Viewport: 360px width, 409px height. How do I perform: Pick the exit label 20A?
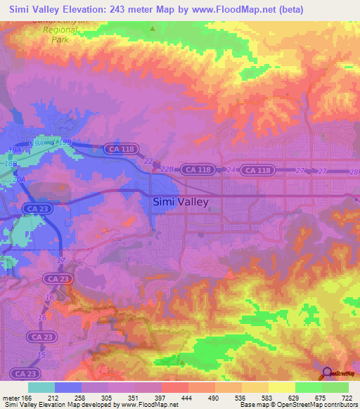pos(20,179)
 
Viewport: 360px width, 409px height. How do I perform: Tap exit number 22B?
pos(167,169)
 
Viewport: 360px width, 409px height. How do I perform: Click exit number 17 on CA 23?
pos(61,261)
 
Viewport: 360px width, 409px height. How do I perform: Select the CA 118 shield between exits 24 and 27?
pos(257,170)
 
